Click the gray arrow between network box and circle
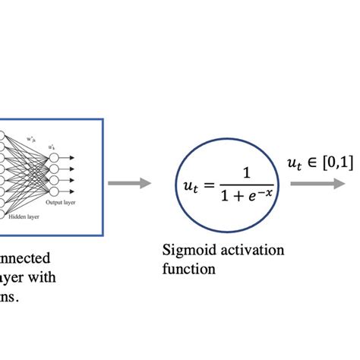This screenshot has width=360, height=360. click(128, 183)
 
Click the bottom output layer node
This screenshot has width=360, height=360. click(52, 191)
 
